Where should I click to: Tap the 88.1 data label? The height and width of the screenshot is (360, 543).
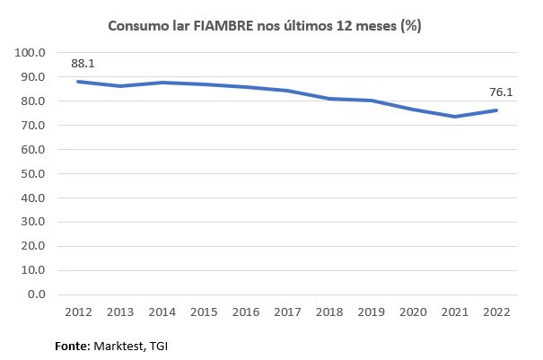tap(83, 64)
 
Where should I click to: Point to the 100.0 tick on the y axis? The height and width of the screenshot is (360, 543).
tap(32, 53)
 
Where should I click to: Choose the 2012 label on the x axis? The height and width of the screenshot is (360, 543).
tap(79, 312)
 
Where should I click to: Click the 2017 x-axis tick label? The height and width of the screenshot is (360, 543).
tap(287, 312)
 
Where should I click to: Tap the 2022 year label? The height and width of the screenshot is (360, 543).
tap(495, 312)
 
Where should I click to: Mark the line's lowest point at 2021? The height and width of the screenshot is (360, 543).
tap(454, 117)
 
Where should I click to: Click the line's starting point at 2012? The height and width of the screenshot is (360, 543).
tap(79, 82)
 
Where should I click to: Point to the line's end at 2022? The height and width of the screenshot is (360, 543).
tap(495, 110)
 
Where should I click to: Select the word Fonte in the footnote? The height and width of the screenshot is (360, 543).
tap(71, 345)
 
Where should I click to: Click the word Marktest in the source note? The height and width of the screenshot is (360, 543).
tap(120, 345)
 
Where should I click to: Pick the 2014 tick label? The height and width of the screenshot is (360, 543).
tap(162, 312)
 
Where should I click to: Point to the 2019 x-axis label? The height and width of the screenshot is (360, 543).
tap(371, 312)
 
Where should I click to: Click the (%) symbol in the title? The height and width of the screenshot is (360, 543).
tap(411, 26)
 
